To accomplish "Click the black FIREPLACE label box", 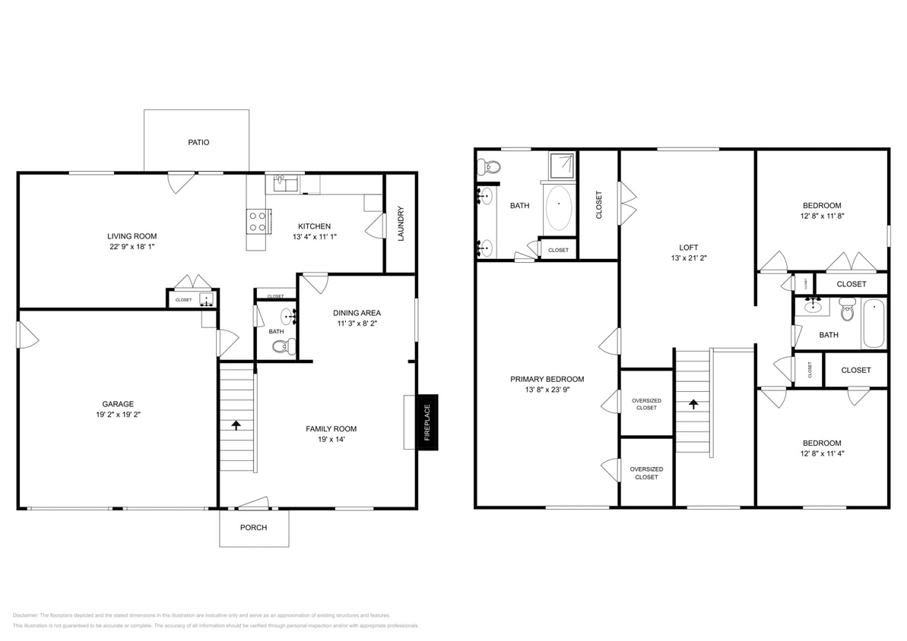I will point(427,422).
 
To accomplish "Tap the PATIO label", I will point(198,142).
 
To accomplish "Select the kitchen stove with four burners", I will point(258,221).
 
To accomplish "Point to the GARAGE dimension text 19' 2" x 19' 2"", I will point(118,415).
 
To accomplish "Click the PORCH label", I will point(253,527).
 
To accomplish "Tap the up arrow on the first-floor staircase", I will point(236,425).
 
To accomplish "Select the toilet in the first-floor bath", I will point(281,347).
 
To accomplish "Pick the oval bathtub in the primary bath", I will point(560,208).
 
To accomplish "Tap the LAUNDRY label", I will point(401,223).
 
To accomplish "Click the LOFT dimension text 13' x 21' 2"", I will point(688,259).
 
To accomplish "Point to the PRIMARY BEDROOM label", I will point(547,379).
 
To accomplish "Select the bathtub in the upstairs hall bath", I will point(874,324).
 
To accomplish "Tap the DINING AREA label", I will point(357,312).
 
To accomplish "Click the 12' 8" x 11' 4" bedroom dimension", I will point(822,454).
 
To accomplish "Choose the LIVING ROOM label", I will point(132,236).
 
